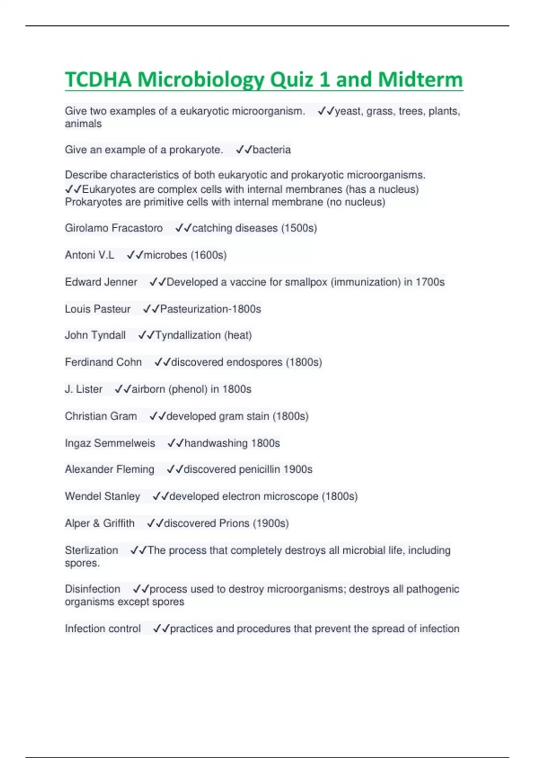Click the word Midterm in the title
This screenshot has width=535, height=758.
[420, 80]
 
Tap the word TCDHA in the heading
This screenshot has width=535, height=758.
[99, 80]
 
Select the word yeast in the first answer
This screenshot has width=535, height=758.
[348, 111]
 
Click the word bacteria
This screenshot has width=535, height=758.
[272, 150]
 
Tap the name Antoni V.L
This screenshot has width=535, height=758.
[90, 255]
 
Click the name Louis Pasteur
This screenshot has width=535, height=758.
[98, 309]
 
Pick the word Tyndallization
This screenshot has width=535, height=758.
[188, 335]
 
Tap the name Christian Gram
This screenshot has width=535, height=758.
[101, 416]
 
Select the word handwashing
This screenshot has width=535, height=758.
[216, 443]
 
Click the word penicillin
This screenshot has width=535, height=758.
[259, 470]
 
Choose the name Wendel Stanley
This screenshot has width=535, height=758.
[103, 496]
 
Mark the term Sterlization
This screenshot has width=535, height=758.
[91, 550]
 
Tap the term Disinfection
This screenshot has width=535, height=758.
[92, 589]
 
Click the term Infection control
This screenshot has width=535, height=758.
[103, 629]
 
